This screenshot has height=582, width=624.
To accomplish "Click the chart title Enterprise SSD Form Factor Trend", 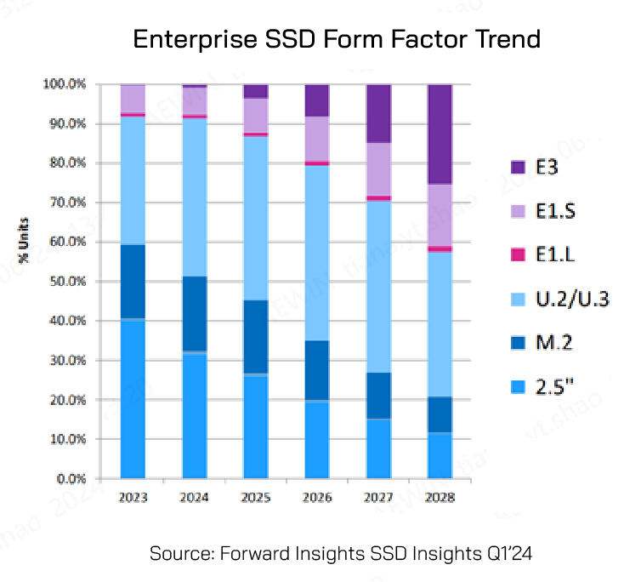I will tap(338, 40).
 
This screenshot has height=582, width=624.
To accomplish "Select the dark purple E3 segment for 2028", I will tap(440, 134).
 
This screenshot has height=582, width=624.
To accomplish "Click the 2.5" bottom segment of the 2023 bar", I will tap(133, 399).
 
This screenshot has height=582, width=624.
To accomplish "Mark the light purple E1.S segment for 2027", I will tap(378, 168).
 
